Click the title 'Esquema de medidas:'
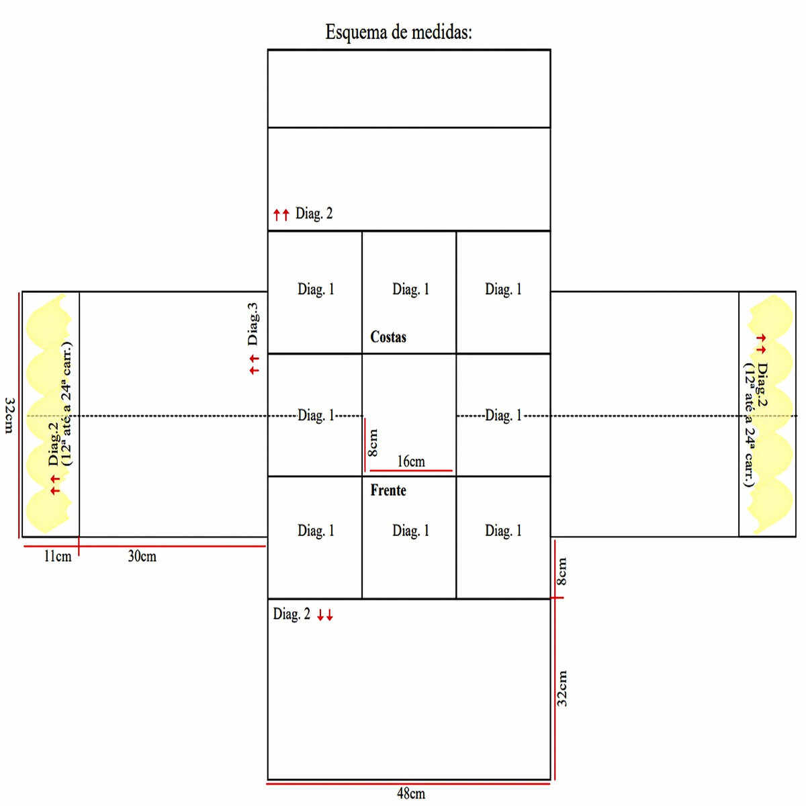[x=398, y=32]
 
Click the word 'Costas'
[x=388, y=337]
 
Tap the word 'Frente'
[x=388, y=490]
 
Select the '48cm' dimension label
[x=410, y=793]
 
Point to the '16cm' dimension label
[x=411, y=461]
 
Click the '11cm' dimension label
[x=58, y=556]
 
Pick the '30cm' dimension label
[x=142, y=556]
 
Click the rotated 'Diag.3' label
[x=253, y=324]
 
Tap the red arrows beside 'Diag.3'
[x=254, y=365]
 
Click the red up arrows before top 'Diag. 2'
[x=281, y=215]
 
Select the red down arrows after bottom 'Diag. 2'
[x=325, y=615]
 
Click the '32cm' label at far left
[x=9, y=415]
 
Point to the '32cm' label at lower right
[x=562, y=688]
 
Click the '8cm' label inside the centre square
[x=373, y=443]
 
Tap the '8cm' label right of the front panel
[x=562, y=572]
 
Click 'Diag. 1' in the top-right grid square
[x=503, y=289]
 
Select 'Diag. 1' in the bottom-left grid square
[x=316, y=531]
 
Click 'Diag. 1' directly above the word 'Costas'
[x=410, y=289]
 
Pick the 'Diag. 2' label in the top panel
[x=314, y=214]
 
